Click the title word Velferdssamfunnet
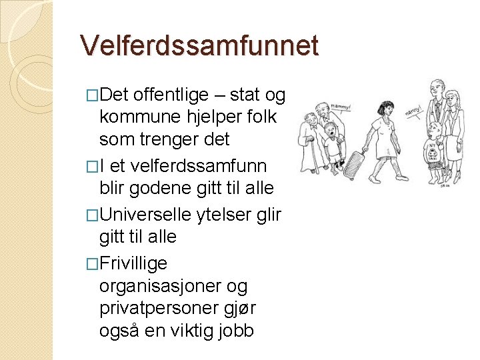[199, 45]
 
